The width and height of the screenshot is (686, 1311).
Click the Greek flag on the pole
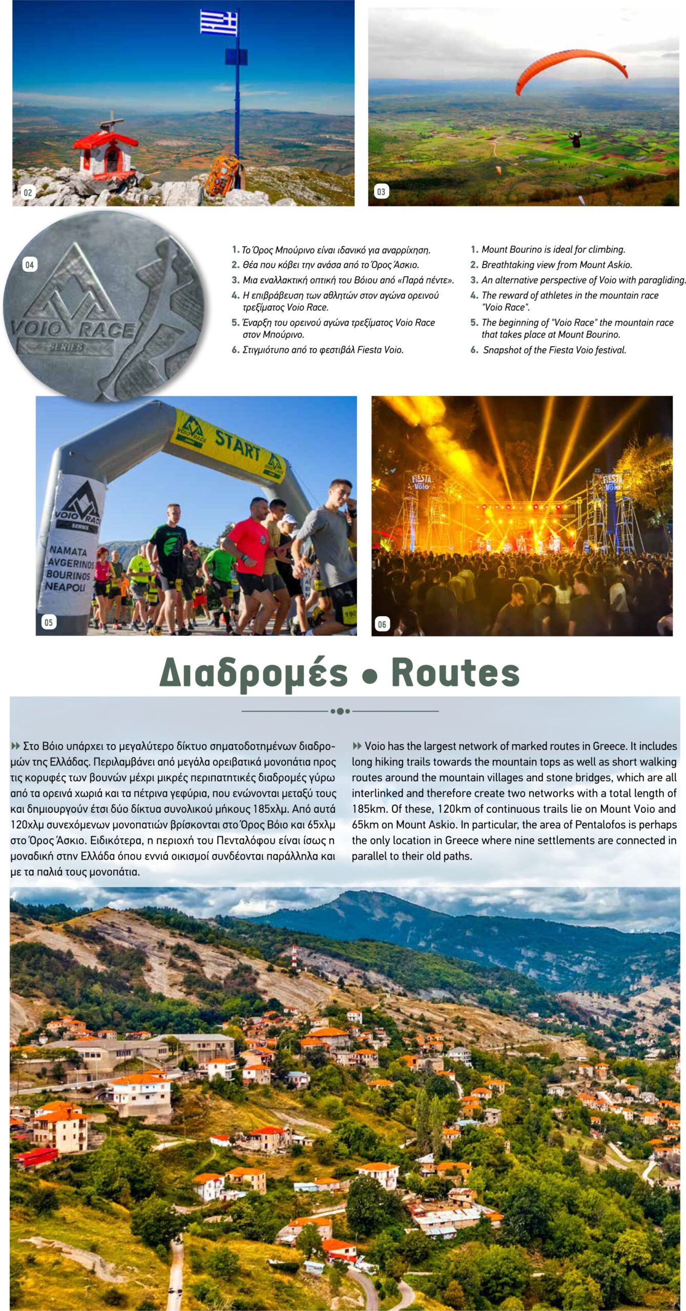pos(219,23)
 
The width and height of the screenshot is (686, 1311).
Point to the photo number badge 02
pos(28,193)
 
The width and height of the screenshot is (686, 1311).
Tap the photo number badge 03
pos(381,192)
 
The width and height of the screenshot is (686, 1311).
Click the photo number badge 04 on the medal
pos(30,265)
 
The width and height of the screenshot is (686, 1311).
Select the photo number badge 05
pos(49,622)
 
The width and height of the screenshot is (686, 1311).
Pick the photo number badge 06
pos(382,624)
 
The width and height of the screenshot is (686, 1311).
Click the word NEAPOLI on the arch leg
pos(65,586)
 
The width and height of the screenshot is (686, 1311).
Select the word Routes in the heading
pos(455,672)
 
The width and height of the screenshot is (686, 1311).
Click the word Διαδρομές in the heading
pos(254,673)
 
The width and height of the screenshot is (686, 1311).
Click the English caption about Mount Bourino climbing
pos(553,249)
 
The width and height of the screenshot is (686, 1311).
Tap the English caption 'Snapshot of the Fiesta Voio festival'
pos(554,350)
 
